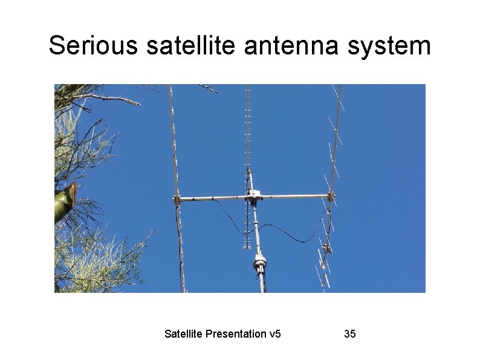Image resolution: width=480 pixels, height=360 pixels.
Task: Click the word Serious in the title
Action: click(94, 45)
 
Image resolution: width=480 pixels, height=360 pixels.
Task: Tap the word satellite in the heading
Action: click(192, 45)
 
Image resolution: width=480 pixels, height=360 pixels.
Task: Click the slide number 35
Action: click(349, 333)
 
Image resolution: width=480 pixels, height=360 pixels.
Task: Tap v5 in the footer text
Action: click(274, 333)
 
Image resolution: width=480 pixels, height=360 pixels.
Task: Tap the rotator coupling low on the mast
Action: click(260, 263)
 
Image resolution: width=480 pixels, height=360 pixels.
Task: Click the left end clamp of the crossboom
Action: click(177, 198)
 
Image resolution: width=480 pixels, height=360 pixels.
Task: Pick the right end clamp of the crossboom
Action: click(331, 195)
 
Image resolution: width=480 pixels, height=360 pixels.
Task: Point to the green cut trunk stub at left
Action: click(65, 201)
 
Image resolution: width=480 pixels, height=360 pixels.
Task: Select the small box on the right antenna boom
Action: click(326, 247)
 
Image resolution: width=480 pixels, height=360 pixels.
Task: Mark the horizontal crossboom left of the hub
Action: click(212, 197)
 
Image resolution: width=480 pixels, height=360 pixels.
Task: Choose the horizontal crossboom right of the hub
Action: click(293, 196)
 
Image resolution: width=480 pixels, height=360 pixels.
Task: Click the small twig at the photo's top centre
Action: click(209, 88)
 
